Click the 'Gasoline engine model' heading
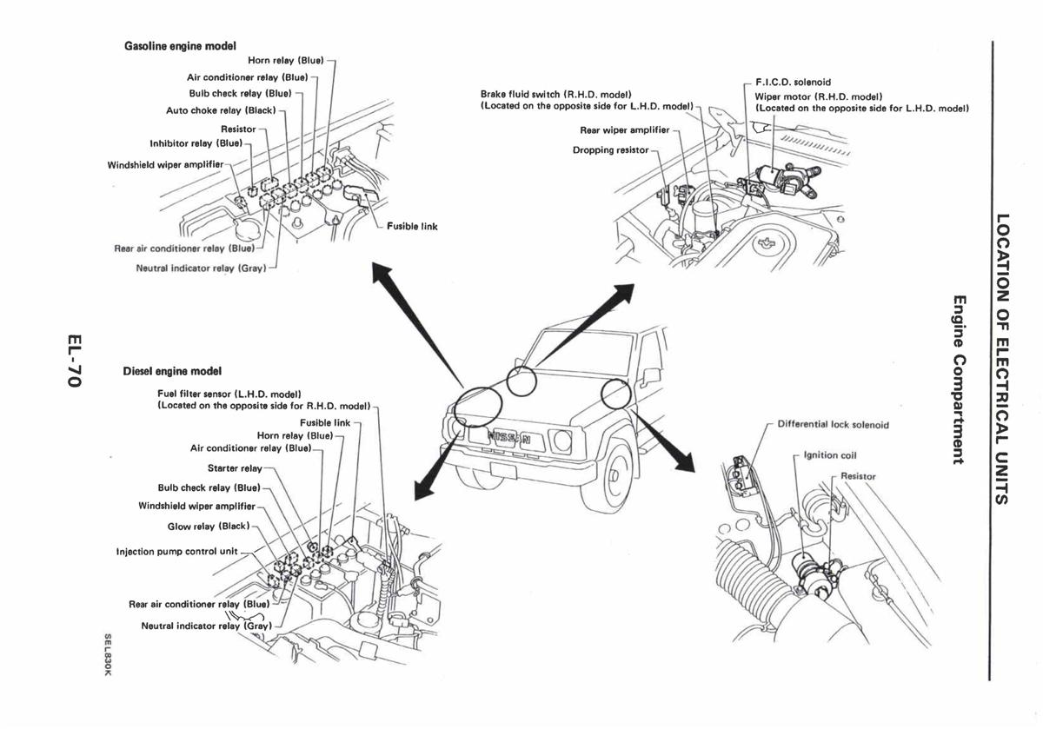181,45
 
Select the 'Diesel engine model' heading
172,371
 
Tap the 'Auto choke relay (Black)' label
221,110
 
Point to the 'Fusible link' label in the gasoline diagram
412,227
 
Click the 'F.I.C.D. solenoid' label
793,83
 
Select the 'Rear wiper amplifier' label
624,130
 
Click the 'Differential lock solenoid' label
833,425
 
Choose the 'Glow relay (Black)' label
208,527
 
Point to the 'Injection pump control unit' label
176,551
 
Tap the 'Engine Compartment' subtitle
959,380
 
